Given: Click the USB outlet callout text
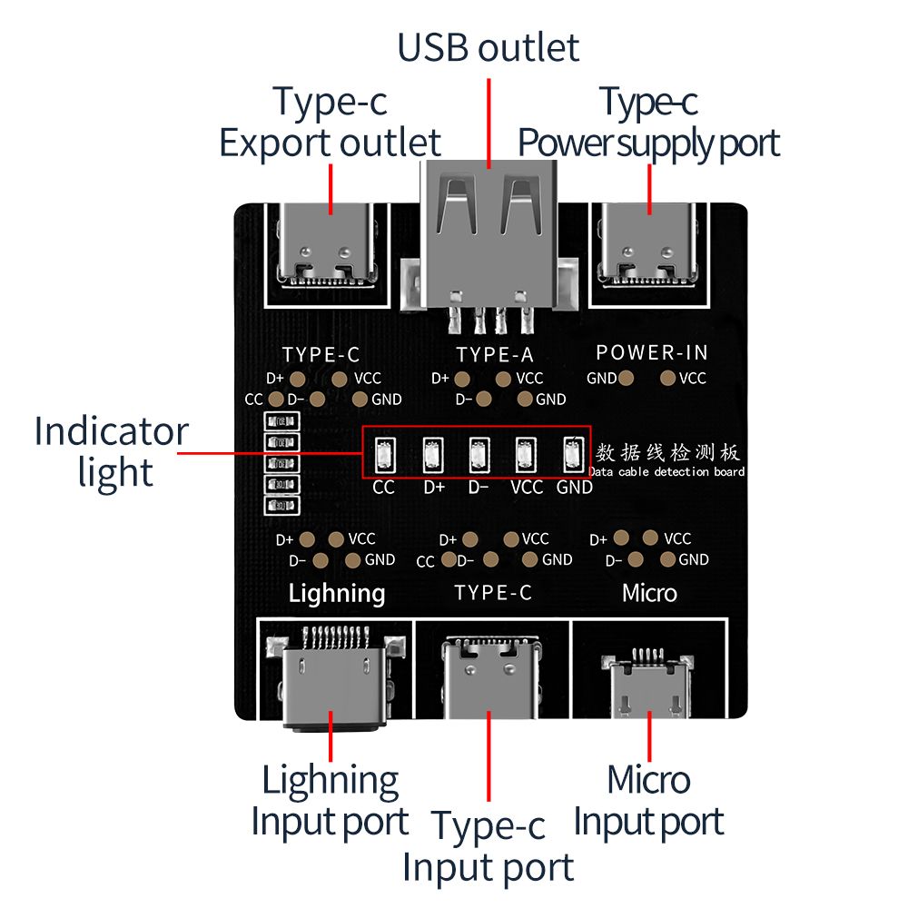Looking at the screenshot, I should (488, 47).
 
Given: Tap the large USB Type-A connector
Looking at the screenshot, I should (488, 232).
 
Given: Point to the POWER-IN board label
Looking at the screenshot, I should (652, 352).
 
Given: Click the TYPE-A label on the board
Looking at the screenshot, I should (495, 355).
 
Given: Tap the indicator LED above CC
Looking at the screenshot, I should (384, 453).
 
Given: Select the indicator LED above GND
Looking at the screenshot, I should (572, 453).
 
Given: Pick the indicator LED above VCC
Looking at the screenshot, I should (525, 453).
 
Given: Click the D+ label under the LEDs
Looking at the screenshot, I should (434, 488).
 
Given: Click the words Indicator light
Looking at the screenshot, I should (111, 451).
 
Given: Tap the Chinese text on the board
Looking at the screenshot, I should (667, 452).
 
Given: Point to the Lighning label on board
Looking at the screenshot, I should (337, 594).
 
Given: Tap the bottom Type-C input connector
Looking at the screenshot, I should (489, 676).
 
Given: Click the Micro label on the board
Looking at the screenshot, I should (649, 594).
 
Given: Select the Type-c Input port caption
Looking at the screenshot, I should (489, 846).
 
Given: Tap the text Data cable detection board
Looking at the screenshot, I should (667, 472).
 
